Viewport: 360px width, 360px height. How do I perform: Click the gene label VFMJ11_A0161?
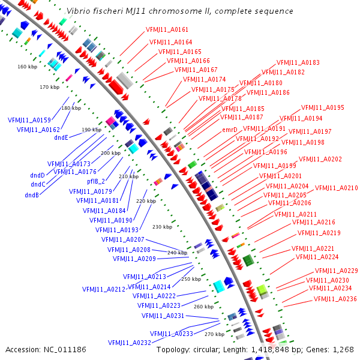167,29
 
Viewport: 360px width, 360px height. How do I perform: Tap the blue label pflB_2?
96,181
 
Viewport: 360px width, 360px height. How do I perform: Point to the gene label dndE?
61,137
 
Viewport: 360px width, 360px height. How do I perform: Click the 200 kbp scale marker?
110,153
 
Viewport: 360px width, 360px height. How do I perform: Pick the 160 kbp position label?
27,67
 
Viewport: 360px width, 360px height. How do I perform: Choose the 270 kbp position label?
214,334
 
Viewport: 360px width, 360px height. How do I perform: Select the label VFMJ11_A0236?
335,299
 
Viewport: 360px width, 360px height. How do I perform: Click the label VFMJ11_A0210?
336,188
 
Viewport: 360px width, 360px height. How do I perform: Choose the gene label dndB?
32,195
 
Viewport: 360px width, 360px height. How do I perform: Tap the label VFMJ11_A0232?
130,343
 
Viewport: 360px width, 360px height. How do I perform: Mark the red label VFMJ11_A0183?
298,62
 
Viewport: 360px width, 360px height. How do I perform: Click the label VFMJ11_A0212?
104,289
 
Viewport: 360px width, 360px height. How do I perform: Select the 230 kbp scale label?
162,227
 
